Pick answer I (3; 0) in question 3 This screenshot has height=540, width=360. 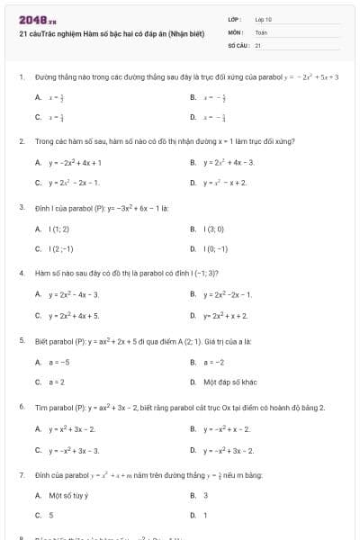[215, 229]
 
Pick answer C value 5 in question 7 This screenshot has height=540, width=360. [51, 515]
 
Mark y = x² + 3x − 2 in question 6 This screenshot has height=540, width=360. [72, 429]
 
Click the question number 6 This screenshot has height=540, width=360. [21, 407]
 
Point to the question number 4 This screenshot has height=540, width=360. [21, 272]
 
